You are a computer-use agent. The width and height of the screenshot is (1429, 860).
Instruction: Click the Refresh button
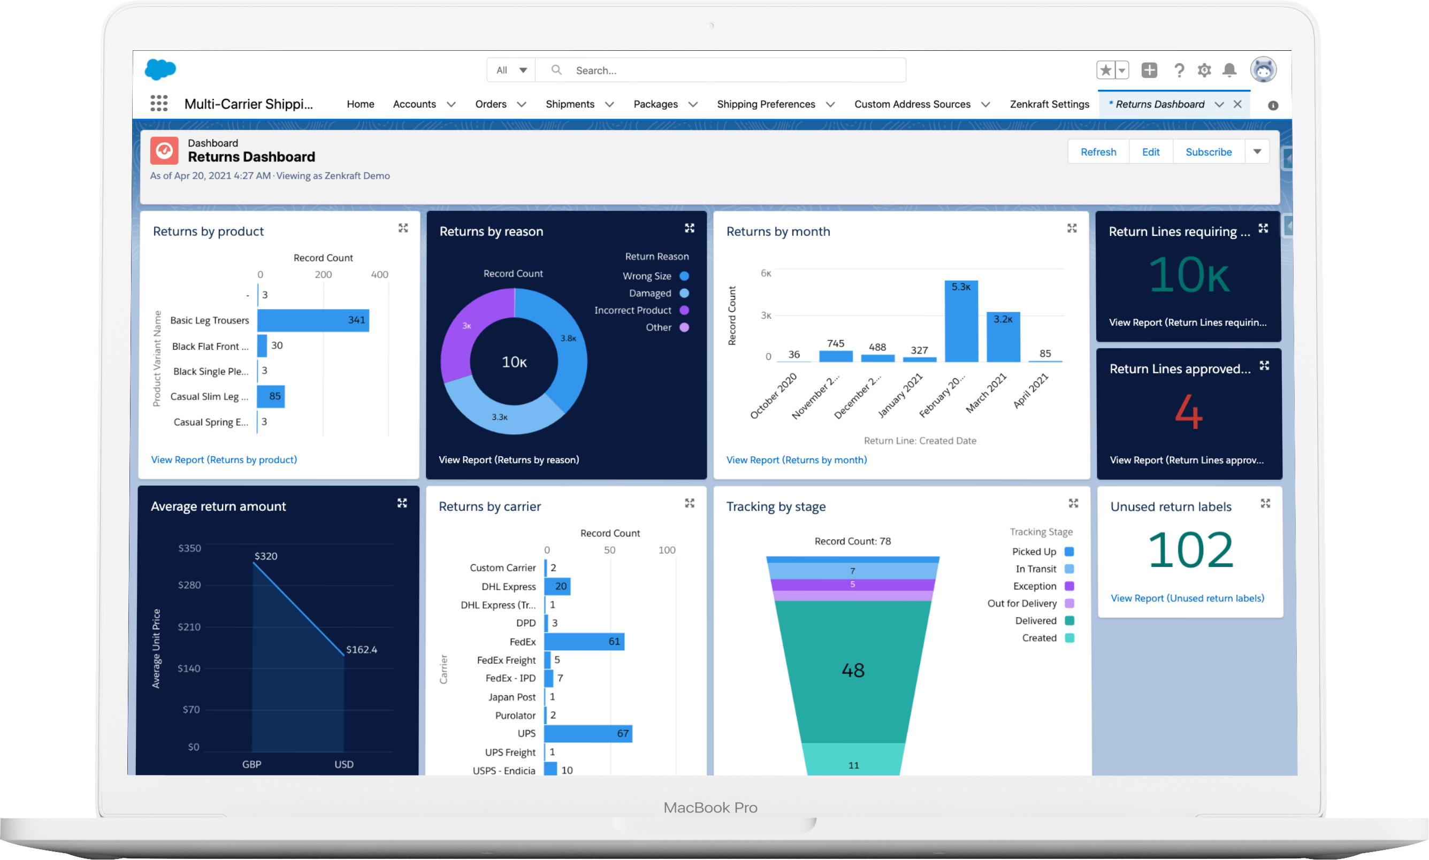coord(1098,152)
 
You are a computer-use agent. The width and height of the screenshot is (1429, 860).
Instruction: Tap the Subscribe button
coord(1208,152)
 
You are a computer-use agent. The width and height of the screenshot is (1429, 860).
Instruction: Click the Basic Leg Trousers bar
coord(313,320)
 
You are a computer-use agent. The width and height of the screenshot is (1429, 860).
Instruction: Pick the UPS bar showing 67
coord(588,734)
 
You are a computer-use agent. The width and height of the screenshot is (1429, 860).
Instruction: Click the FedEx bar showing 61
coord(584,641)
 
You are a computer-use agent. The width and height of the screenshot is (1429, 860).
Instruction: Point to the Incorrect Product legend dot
coord(684,310)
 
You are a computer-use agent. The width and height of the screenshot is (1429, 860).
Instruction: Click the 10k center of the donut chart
coord(514,362)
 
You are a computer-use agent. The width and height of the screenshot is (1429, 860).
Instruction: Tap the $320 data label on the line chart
coord(266,556)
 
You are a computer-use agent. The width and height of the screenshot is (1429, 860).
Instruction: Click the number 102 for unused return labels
coord(1190,550)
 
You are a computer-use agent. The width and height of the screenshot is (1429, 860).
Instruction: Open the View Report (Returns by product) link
coord(224,459)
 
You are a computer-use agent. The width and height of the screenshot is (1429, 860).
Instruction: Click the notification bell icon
coord(1229,70)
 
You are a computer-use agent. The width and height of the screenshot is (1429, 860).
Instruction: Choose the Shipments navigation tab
coord(570,104)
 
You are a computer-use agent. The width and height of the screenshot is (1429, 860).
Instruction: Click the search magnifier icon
coord(556,70)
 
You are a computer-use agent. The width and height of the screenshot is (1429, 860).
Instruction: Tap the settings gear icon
coord(1204,70)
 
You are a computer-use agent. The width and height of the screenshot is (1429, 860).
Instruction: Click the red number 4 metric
coord(1188,412)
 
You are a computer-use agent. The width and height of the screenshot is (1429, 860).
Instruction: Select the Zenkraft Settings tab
coord(1049,104)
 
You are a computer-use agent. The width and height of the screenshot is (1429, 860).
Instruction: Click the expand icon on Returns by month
coord(1072,228)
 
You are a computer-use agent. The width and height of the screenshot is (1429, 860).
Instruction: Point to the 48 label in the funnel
coord(853,671)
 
